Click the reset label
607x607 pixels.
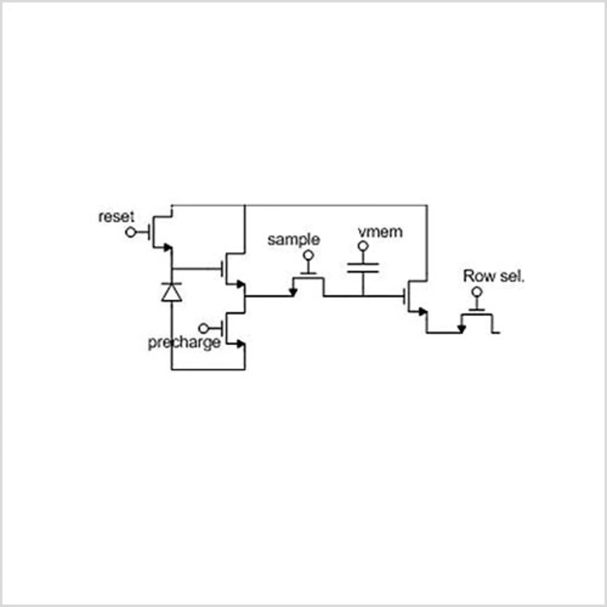pos(116,217)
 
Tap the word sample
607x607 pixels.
pos(294,239)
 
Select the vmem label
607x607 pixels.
pos(380,232)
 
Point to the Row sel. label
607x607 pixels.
pos(494,276)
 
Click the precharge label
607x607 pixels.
pos(184,342)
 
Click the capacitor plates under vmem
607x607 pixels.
pos(363,268)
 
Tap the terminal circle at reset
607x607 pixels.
pos(130,232)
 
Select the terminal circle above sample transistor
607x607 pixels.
pos(309,256)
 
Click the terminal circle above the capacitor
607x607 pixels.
pos(363,246)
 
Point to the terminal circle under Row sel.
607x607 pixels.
pos(477,292)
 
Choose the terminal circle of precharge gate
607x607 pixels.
pos(203,328)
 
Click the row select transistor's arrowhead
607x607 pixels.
pos(461,329)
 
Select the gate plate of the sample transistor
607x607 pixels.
pos(309,274)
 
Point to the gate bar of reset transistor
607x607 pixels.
pos(149,232)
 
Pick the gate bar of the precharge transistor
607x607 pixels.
pos(223,328)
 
